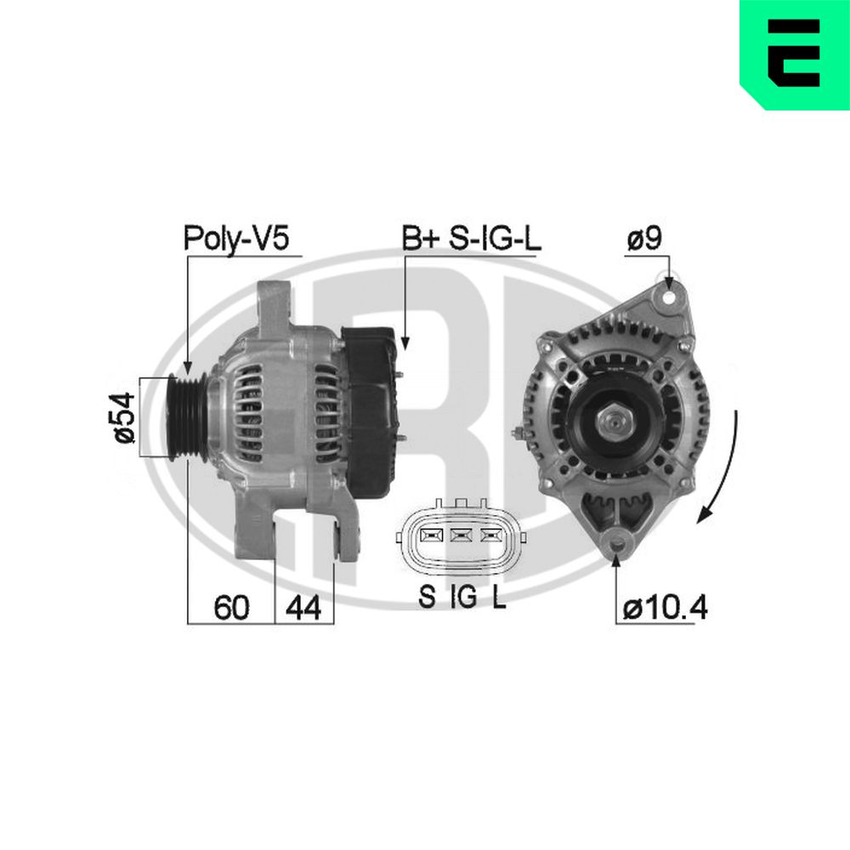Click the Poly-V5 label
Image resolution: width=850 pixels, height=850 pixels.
click(239, 239)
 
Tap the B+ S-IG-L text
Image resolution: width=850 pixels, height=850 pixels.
click(470, 239)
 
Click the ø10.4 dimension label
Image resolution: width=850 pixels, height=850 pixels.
click(665, 609)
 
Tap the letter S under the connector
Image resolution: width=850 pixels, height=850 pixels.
click(427, 598)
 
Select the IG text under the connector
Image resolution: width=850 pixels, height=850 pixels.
click(463, 598)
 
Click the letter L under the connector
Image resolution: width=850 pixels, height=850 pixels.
click(499, 598)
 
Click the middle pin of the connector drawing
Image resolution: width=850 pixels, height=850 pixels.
click(461, 535)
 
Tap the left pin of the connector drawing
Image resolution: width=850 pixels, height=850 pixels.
click(430, 535)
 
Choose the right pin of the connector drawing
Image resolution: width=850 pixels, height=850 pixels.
click(491, 535)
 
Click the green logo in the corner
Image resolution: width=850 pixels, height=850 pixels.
click(795, 53)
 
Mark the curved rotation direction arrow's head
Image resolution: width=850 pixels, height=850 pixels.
click(702, 516)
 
